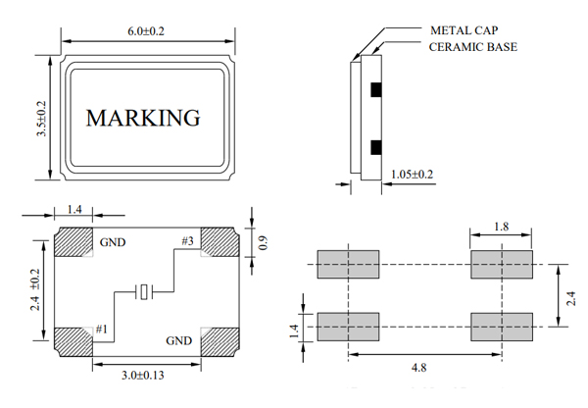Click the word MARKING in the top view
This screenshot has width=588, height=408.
(143, 118)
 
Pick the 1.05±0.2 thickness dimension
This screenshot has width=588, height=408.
(413, 175)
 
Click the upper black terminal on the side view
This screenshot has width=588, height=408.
(375, 90)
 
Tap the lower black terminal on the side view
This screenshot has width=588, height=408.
(375, 148)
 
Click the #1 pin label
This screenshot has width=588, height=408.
(102, 330)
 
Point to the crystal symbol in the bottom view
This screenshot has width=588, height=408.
(145, 291)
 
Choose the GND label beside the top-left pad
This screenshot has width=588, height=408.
(111, 240)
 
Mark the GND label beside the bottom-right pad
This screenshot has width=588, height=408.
(178, 341)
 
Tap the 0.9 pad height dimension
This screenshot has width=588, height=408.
(262, 241)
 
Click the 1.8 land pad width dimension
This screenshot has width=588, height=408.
(501, 227)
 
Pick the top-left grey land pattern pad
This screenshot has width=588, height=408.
(348, 264)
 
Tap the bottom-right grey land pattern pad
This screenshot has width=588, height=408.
(501, 325)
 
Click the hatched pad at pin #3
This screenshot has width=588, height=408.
(221, 242)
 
